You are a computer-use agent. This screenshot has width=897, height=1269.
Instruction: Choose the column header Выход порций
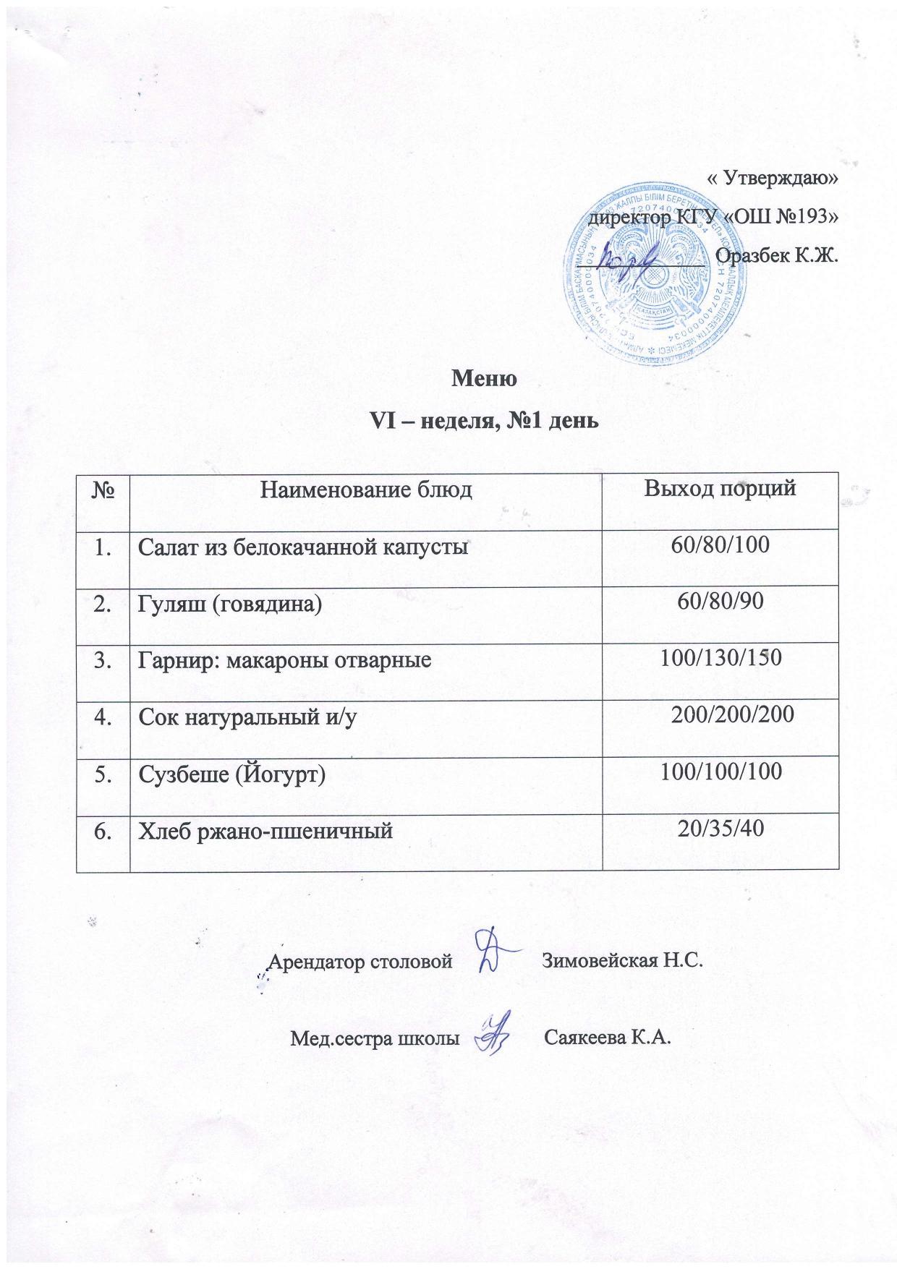(720, 488)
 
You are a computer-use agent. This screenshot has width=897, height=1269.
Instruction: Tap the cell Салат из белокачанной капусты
(303, 547)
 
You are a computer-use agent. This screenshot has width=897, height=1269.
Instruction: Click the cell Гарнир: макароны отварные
(285, 660)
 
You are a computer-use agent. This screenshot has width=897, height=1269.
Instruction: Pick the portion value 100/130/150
(720, 658)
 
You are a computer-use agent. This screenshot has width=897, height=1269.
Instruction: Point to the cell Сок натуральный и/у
(248, 717)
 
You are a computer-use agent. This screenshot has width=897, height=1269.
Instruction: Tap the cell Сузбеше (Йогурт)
(232, 774)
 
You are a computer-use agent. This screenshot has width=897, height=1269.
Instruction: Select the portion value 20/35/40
(720, 829)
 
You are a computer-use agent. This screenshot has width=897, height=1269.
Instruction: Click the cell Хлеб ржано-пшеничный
(265, 832)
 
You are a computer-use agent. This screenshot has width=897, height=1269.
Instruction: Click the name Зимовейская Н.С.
(622, 962)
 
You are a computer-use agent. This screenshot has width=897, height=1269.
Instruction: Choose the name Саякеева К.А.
(608, 1039)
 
